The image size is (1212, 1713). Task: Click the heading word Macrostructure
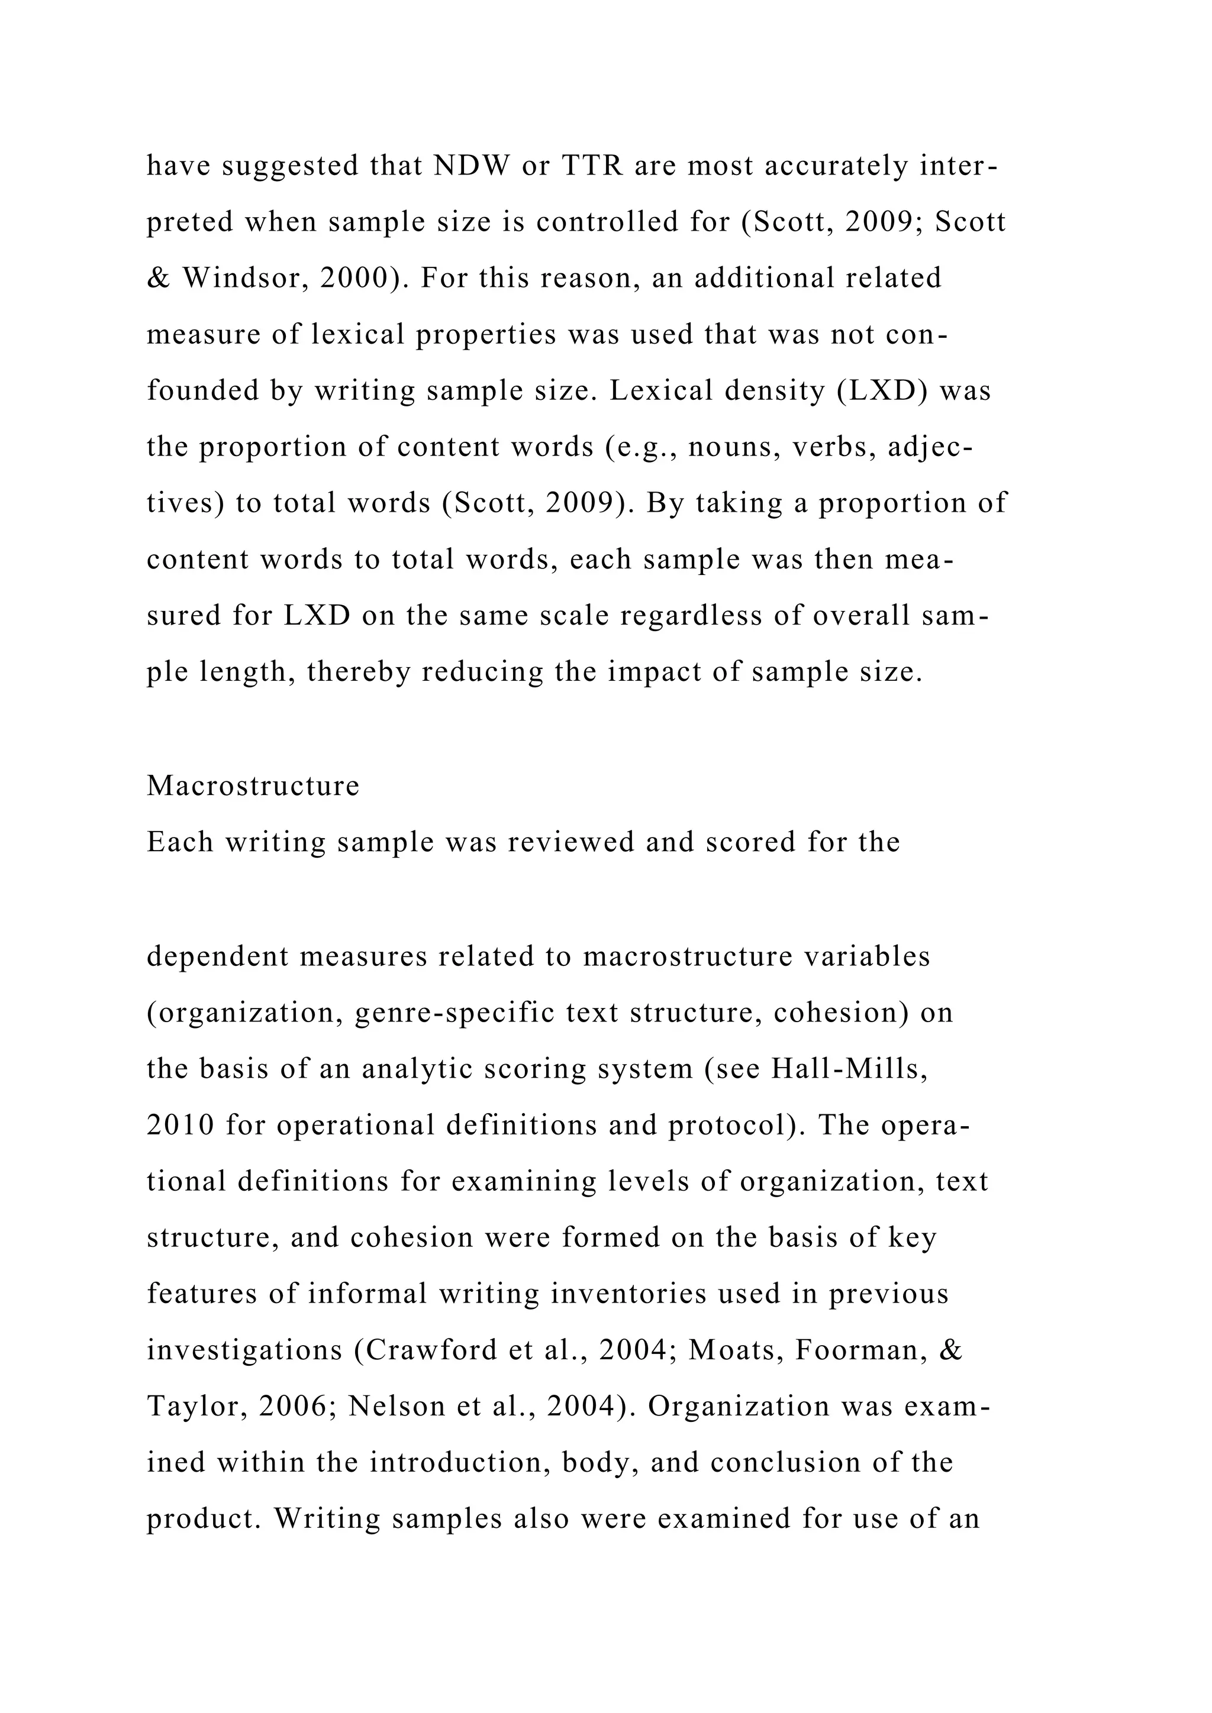pos(253,786)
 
